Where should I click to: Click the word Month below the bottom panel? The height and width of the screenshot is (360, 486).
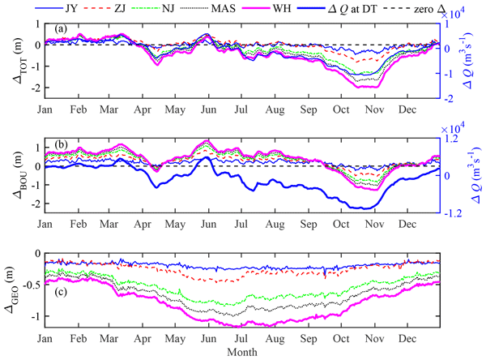click(242, 354)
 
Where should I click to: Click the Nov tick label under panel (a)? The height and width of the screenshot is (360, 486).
click(373, 109)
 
